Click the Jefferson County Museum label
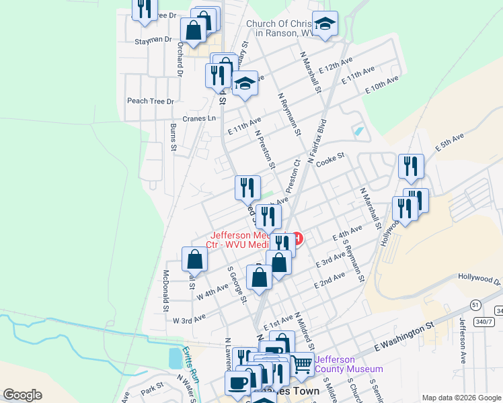pyautogui.click(x=349, y=364)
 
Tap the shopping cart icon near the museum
pyautogui.click(x=303, y=364)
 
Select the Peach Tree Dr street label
pyautogui.click(x=151, y=101)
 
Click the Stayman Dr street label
pyautogui.click(x=153, y=40)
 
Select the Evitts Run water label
pyautogui.click(x=191, y=365)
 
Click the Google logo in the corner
pyautogui.click(x=22, y=395)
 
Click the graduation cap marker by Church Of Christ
pyautogui.click(x=325, y=25)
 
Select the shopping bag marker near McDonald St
pyautogui.click(x=194, y=259)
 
